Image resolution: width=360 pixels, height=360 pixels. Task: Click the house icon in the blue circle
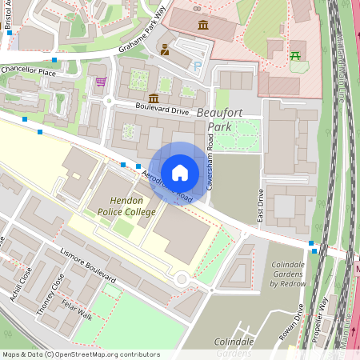pos(180,173)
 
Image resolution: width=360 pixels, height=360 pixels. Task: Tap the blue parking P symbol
pos(197,67)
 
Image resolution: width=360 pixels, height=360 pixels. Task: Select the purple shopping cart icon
pos(101,82)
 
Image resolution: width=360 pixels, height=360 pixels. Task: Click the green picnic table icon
pos(297,55)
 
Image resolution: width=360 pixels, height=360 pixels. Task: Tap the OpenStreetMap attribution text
pos(80,354)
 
